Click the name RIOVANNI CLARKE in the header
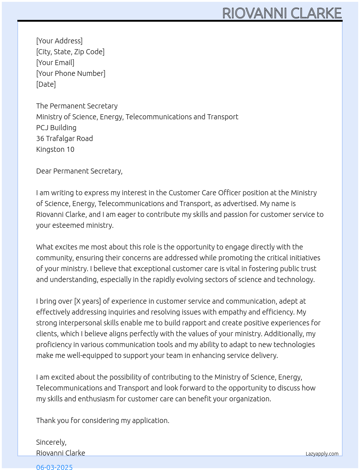coord(282,13)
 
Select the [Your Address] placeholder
coord(59,41)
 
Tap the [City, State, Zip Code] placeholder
coord(70,52)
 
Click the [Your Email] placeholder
coord(55,63)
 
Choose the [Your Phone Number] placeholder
coord(71,73)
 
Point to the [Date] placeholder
coord(46,84)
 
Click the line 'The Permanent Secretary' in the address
coord(77,106)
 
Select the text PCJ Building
coord(56,128)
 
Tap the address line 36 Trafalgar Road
coord(64,138)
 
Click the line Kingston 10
coord(55,149)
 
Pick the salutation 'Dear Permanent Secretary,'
coord(79,171)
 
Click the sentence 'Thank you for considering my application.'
coord(103,420)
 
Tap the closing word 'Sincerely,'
coord(51,442)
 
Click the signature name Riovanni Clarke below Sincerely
coord(61,453)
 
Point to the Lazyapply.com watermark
coord(322,454)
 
